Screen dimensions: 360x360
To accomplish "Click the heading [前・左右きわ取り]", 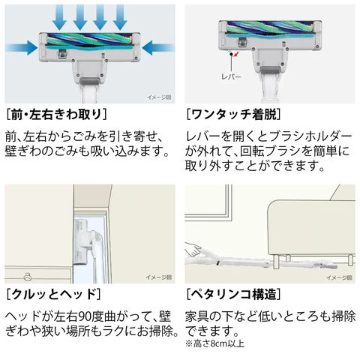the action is [56, 115].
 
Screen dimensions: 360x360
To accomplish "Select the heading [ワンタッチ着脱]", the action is [233, 115].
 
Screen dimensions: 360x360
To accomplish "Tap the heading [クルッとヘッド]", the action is [53, 294].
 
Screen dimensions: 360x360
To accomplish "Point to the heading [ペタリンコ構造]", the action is [233, 294].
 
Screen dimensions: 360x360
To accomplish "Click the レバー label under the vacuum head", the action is [231, 76].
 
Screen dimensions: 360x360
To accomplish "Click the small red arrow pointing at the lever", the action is [235, 53].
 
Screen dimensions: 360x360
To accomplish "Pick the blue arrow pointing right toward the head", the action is [21, 47].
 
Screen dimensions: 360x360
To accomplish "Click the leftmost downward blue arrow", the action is [59, 17].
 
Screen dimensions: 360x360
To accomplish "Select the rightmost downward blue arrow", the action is [120, 17].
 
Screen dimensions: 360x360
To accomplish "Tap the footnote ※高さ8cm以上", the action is [214, 343].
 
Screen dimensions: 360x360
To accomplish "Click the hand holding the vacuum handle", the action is [193, 250].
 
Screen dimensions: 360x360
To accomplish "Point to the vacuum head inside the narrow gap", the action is [81, 241].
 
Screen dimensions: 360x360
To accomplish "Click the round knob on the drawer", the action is [27, 277].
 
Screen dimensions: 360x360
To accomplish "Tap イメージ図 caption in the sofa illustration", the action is [339, 277].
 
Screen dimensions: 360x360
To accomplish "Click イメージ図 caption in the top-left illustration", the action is [159, 97].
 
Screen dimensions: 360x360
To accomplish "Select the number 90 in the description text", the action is [85, 316].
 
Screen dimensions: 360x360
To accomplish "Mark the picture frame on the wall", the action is [208, 202].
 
